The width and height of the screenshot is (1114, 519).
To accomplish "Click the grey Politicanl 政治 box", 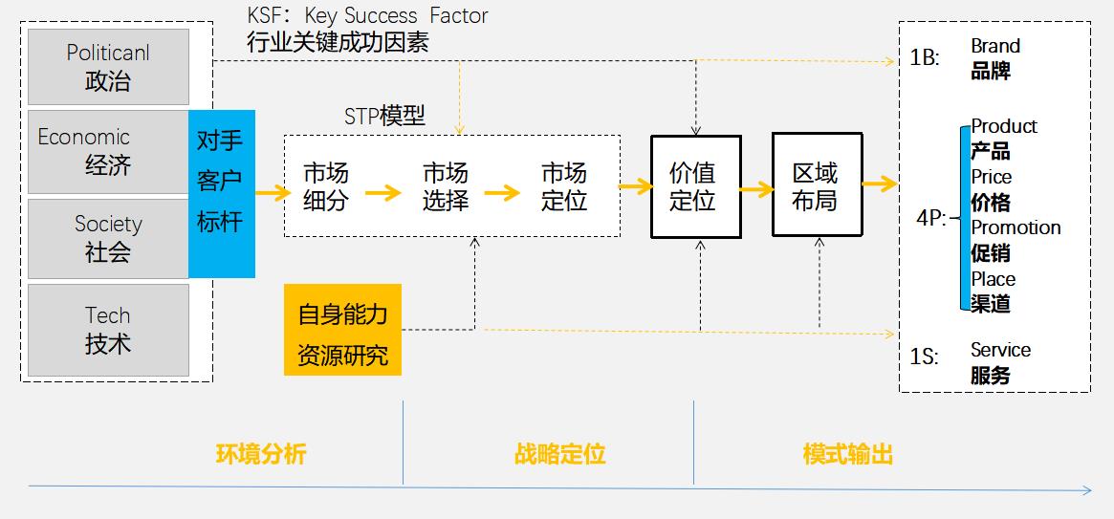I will [x=108, y=67].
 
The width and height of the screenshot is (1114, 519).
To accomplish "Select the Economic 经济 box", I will [x=108, y=152].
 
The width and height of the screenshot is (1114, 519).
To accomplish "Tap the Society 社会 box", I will [x=108, y=237].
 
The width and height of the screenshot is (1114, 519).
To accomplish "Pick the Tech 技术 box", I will [x=108, y=330].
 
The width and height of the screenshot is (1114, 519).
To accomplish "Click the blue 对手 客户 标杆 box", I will [x=221, y=194].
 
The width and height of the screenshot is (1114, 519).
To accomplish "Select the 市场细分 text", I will [x=326, y=187].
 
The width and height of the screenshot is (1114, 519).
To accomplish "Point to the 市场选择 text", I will [x=446, y=187].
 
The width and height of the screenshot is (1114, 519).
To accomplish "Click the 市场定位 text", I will [x=564, y=187].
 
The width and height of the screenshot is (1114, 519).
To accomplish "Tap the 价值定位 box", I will [x=695, y=186].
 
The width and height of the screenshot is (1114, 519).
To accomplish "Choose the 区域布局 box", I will [x=817, y=185].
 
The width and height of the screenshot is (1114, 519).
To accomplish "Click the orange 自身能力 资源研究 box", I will [x=342, y=330].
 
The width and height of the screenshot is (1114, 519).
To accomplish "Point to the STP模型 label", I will [x=384, y=117].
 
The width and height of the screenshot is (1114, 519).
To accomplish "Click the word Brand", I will [x=995, y=46].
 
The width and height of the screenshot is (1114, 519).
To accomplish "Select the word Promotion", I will [x=1016, y=227].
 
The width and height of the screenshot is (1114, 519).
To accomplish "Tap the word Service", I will [x=1000, y=350].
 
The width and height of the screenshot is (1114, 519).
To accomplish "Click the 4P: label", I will [x=930, y=218].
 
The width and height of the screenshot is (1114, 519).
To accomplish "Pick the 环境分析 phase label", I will [x=261, y=454].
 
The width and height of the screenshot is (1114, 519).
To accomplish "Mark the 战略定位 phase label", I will [x=560, y=454].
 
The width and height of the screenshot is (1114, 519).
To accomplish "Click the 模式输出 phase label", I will [x=848, y=454].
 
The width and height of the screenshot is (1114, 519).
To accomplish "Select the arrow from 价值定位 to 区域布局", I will [x=756, y=189].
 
